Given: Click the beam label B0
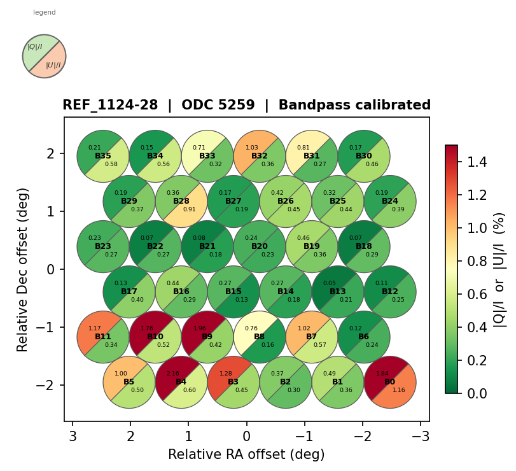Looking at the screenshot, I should pos(390,382).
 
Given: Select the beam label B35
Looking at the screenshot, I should pos(103,156).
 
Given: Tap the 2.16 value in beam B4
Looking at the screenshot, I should pos(172,374).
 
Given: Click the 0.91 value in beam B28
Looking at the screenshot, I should pos(190,209).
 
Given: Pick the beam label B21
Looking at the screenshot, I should pos(207,246).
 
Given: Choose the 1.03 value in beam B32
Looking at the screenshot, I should pos(251,148).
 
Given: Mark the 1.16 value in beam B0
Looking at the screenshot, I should pos(398,390).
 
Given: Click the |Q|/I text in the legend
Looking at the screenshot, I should pos(35,46).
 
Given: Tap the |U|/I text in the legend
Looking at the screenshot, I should pos(53,65).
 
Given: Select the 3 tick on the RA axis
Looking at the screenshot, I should pos(73,436).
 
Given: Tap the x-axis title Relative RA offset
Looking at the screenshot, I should pos(246,454).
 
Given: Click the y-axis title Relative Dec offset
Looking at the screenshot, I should pos(24,269).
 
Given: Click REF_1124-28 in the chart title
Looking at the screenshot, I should pos(110,106).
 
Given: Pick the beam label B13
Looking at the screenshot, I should pos(338,292).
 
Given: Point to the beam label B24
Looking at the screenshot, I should pos(390,201).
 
